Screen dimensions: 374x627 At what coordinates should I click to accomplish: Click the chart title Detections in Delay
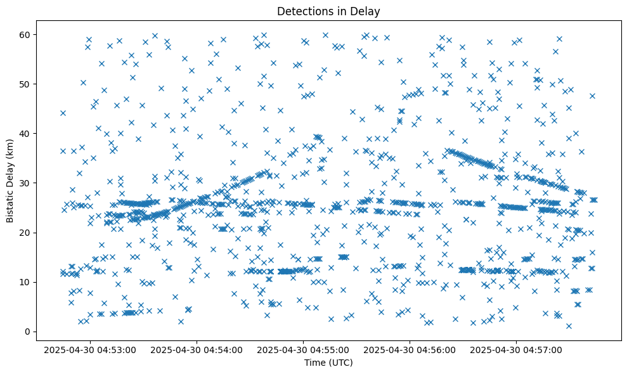tap(328, 11)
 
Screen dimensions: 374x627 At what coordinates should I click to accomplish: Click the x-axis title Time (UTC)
tap(328, 363)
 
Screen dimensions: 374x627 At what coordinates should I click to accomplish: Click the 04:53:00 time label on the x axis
tap(89, 349)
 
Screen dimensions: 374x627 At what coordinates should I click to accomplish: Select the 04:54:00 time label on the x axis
tap(197, 349)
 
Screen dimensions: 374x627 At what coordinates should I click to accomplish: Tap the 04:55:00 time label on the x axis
tap(303, 349)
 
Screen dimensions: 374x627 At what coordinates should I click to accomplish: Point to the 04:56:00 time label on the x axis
tap(410, 349)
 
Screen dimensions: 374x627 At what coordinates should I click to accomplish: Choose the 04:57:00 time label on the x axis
tap(517, 349)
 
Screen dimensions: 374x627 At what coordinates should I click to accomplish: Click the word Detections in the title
tap(304, 11)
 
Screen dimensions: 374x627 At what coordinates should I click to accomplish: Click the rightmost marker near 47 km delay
tap(592, 96)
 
